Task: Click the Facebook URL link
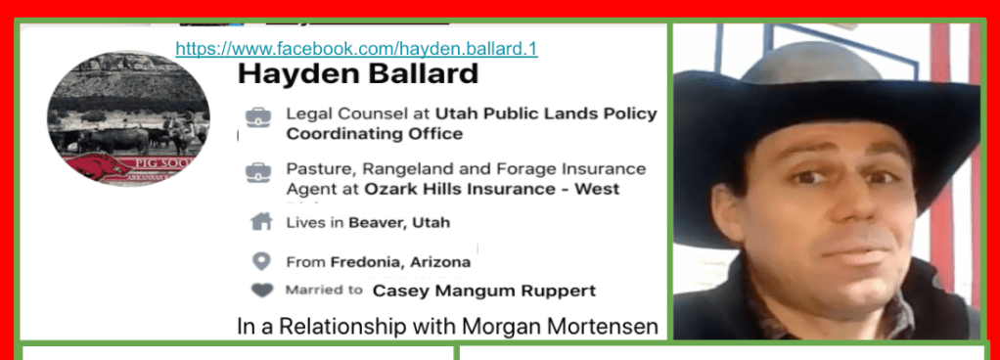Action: (x=356, y=49)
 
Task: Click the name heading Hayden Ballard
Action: (x=358, y=74)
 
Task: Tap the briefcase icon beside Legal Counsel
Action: (x=259, y=116)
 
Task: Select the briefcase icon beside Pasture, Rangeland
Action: (x=259, y=172)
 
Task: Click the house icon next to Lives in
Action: (x=261, y=222)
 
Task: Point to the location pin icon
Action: (x=261, y=261)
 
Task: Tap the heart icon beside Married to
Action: (x=261, y=291)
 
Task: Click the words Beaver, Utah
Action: (x=399, y=223)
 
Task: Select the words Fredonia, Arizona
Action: (x=400, y=262)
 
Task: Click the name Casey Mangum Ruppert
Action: (x=484, y=292)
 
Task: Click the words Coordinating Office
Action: (x=375, y=134)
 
